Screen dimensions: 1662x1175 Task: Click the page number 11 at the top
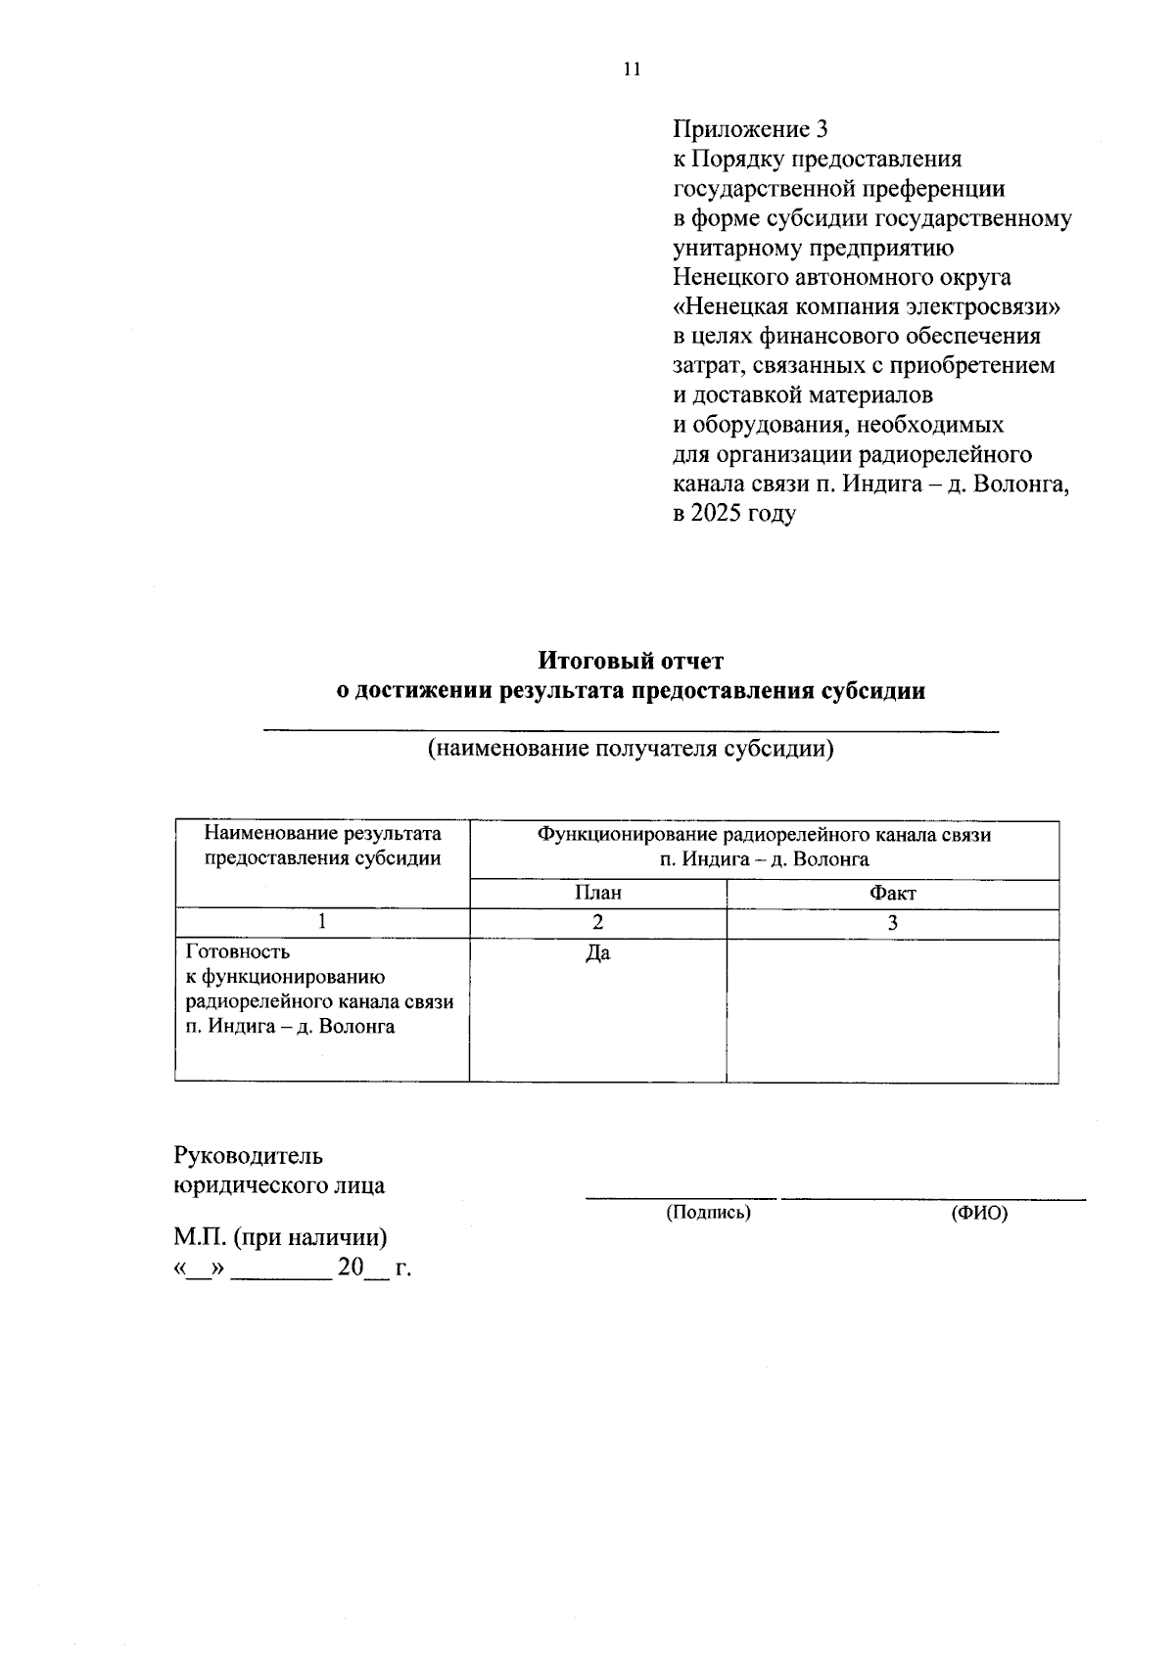click(x=631, y=69)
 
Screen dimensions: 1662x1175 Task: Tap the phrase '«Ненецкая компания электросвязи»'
click(x=868, y=306)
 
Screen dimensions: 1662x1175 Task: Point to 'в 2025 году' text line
click(x=733, y=513)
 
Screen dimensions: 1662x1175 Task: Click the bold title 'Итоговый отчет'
click(x=631, y=661)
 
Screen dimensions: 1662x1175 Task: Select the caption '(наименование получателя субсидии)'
click(x=631, y=750)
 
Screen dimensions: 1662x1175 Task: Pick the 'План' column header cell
click(x=597, y=893)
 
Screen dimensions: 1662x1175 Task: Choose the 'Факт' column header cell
click(x=892, y=893)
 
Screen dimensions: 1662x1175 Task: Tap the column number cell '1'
click(x=322, y=922)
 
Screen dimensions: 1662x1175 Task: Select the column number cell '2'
click(x=597, y=922)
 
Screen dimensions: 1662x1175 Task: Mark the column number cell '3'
click(x=892, y=922)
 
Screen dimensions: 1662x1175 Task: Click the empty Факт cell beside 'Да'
click(x=892, y=1009)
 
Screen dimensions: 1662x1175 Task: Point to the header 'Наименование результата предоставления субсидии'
click(x=322, y=846)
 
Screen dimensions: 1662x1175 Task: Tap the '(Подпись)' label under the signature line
click(x=708, y=1213)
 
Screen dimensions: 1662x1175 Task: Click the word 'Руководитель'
click(x=248, y=1156)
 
